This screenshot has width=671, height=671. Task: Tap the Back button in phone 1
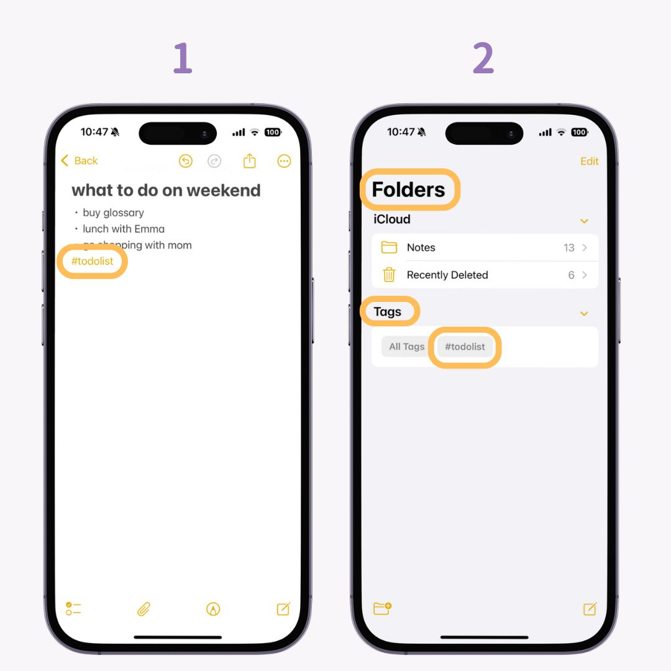pyautogui.click(x=80, y=161)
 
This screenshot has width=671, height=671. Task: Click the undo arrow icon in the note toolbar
pyautogui.click(x=185, y=161)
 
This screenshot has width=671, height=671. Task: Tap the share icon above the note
pyautogui.click(x=249, y=161)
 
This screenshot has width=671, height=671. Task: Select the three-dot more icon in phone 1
pyautogui.click(x=284, y=161)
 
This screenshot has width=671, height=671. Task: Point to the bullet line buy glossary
pyautogui.click(x=113, y=212)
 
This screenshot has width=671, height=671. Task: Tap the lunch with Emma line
pyautogui.click(x=124, y=229)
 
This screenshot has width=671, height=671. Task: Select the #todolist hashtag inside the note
pyautogui.click(x=92, y=261)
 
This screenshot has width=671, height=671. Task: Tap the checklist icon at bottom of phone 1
pyautogui.click(x=73, y=609)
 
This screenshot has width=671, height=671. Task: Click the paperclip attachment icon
pyautogui.click(x=144, y=609)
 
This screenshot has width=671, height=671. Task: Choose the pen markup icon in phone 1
pyautogui.click(x=213, y=609)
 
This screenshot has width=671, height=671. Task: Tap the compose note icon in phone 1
pyautogui.click(x=283, y=609)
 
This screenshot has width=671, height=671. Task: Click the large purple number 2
pyautogui.click(x=483, y=59)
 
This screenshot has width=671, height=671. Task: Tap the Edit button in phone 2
pyautogui.click(x=589, y=161)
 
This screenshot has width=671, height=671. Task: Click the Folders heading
pyautogui.click(x=408, y=189)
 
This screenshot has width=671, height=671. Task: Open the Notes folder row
pyautogui.click(x=485, y=247)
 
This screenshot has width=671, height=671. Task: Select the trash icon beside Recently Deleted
pyautogui.click(x=389, y=275)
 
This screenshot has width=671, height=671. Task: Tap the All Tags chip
pyautogui.click(x=406, y=347)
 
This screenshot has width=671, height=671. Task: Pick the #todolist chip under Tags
pyautogui.click(x=465, y=347)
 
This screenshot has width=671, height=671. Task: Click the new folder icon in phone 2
pyautogui.click(x=382, y=609)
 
